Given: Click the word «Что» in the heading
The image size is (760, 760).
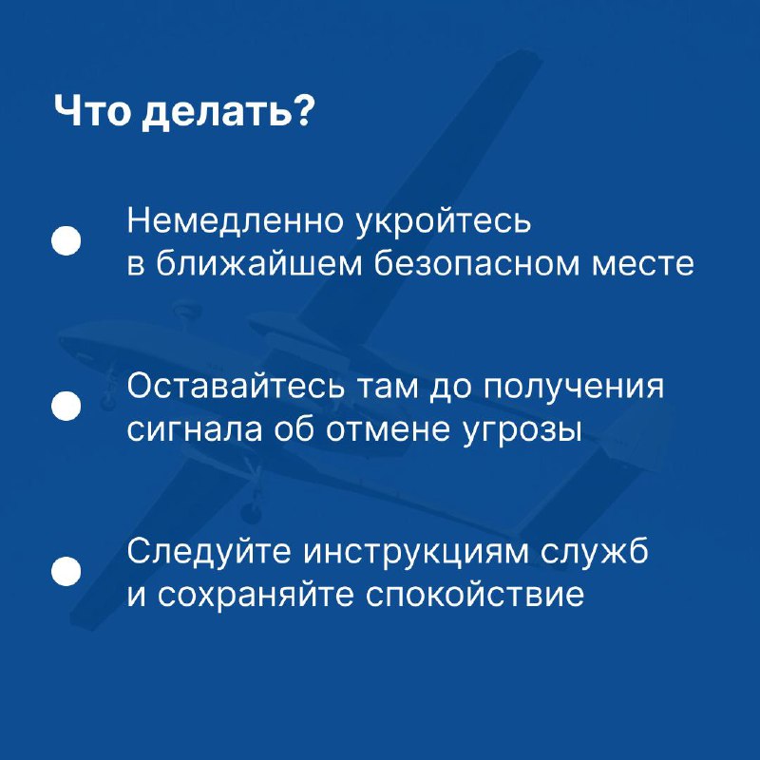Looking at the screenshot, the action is coord(92,111).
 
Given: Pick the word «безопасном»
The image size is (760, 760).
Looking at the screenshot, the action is coord(478,264).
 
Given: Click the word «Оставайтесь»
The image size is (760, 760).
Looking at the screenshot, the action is coord(236,387).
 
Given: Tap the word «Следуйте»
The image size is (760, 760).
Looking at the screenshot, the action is coord(209,552).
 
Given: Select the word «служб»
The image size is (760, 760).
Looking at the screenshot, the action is coord(594,552).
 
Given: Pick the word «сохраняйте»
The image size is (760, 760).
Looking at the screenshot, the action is coord(255,595).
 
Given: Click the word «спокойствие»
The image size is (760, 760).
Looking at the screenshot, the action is coord(474,595).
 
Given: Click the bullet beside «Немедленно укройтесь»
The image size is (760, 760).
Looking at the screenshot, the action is coord(66,241).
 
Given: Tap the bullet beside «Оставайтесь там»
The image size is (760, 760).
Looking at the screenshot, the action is coord(66,407).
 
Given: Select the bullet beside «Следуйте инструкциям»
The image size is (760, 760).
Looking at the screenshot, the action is coord(66,572).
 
